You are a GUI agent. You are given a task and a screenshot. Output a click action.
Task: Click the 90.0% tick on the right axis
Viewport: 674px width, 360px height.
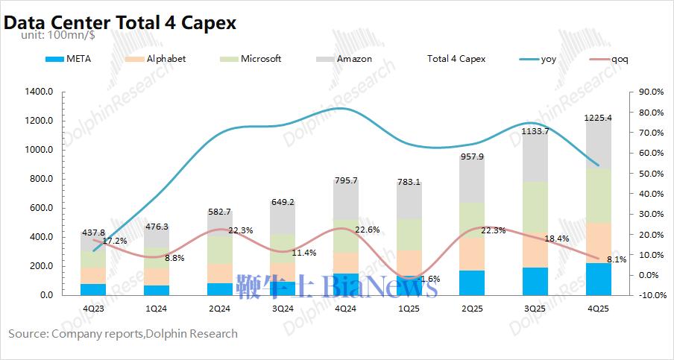[x=646, y=92]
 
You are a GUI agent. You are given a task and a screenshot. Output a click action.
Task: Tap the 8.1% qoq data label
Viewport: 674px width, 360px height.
[x=616, y=260]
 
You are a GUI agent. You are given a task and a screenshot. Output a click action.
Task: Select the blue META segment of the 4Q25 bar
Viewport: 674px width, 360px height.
[x=599, y=279]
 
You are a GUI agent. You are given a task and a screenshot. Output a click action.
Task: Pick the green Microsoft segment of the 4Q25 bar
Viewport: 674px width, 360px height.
[x=599, y=195]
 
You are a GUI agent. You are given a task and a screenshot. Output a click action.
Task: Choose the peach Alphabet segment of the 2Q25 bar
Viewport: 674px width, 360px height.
[x=472, y=253]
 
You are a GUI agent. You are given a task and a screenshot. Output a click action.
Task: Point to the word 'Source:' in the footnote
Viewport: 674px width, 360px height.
[x=28, y=333]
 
